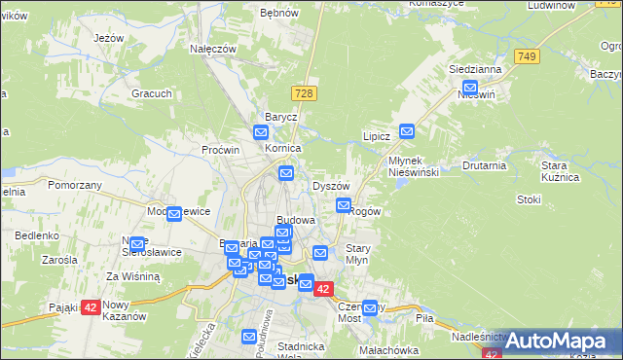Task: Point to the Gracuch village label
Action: pos(152,94)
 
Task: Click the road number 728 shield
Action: pos(306,92)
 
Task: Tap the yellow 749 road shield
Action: pos(528,56)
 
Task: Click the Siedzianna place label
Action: pos(475,70)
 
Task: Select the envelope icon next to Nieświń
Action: pos(470,87)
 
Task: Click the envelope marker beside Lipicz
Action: pos(407,130)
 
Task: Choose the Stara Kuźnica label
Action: pos(561,172)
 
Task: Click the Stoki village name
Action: pos(530,199)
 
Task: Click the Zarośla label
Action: pos(59,261)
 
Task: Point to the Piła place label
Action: pos(424,318)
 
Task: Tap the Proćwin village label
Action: pos(220,151)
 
